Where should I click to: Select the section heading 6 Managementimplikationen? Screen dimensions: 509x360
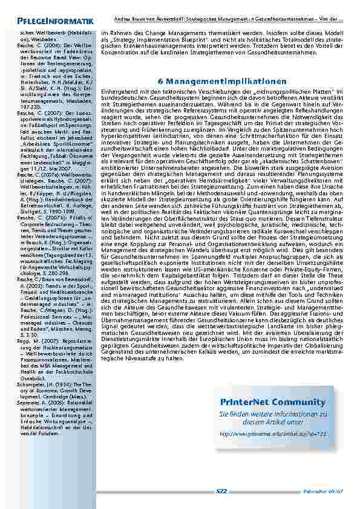point(222,81)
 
